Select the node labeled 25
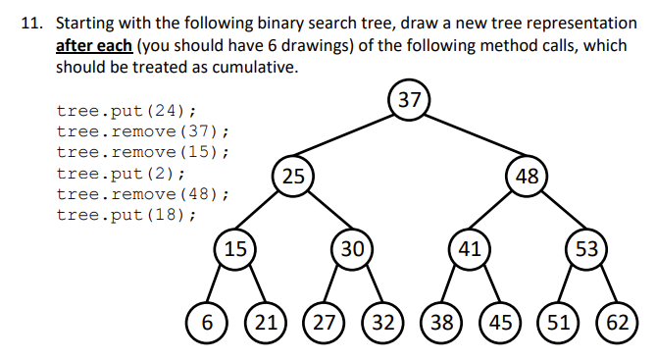[x=292, y=177]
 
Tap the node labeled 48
[x=528, y=177]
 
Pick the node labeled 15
[x=234, y=248]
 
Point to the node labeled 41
[x=469, y=248]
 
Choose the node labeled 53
[x=586, y=248]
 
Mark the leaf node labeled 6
[x=207, y=322]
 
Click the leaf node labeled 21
[x=264, y=322]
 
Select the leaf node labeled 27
[x=323, y=322]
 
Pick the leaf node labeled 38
[x=440, y=322]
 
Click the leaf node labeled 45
[x=499, y=322]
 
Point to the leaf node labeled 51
[x=558, y=322]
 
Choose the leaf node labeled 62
[x=618, y=322]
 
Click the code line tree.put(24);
[x=126, y=111]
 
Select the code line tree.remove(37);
[x=142, y=131]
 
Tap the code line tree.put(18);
[x=126, y=215]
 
